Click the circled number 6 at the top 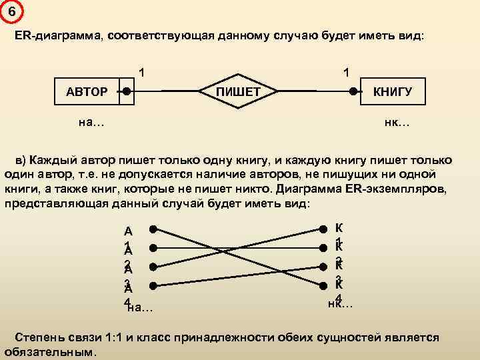tap(11, 11)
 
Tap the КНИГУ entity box tap(391, 91)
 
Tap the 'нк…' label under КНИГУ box tap(397, 122)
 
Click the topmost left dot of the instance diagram tap(153, 229)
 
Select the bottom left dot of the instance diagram tap(153, 287)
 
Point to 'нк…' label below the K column tap(341, 304)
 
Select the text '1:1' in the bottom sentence tap(123, 337)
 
